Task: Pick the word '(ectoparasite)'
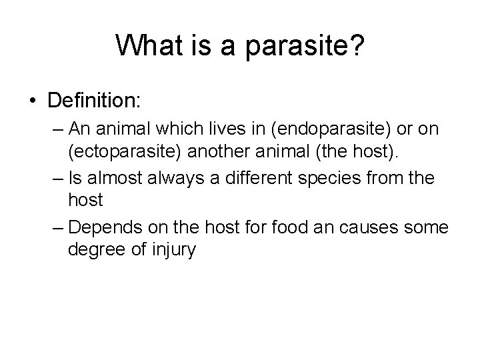pos(125,151)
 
